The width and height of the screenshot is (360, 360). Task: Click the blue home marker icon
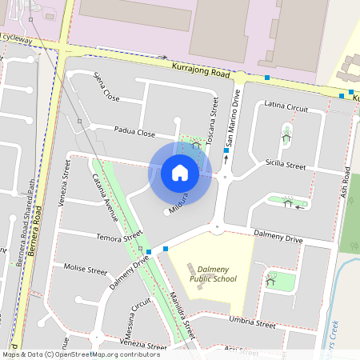(180, 173)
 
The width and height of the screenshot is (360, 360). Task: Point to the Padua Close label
(134, 132)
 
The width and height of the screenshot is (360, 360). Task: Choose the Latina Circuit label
(286, 106)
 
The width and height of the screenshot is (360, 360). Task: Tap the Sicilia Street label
(286, 166)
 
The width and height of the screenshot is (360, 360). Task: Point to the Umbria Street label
(253, 323)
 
